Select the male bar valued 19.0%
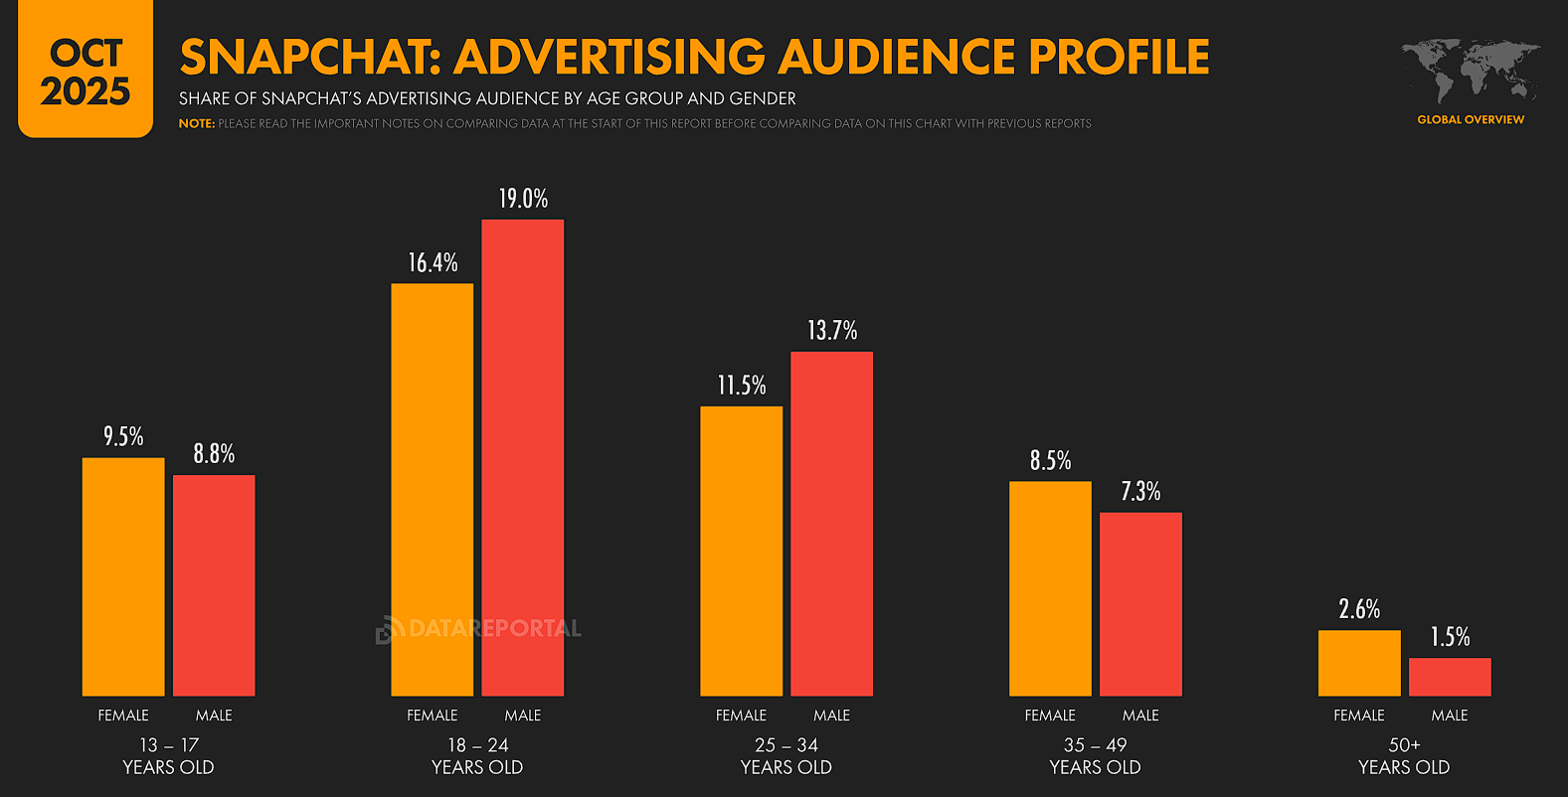pos(522,457)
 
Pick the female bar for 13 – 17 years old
pos(123,576)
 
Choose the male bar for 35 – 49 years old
pos(1140,603)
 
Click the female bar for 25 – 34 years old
pos(741,551)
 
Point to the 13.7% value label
pos(831,331)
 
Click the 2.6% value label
pos(1358,609)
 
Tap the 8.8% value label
pos(214,454)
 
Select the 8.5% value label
pos(1050,461)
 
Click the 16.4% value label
pos(433,263)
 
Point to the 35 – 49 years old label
pos(1095,755)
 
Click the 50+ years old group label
pos(1404,755)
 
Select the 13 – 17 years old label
pos(168,755)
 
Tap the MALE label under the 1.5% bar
pos(1449,716)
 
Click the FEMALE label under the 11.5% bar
pos(741,716)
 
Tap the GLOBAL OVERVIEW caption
pos(1470,119)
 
